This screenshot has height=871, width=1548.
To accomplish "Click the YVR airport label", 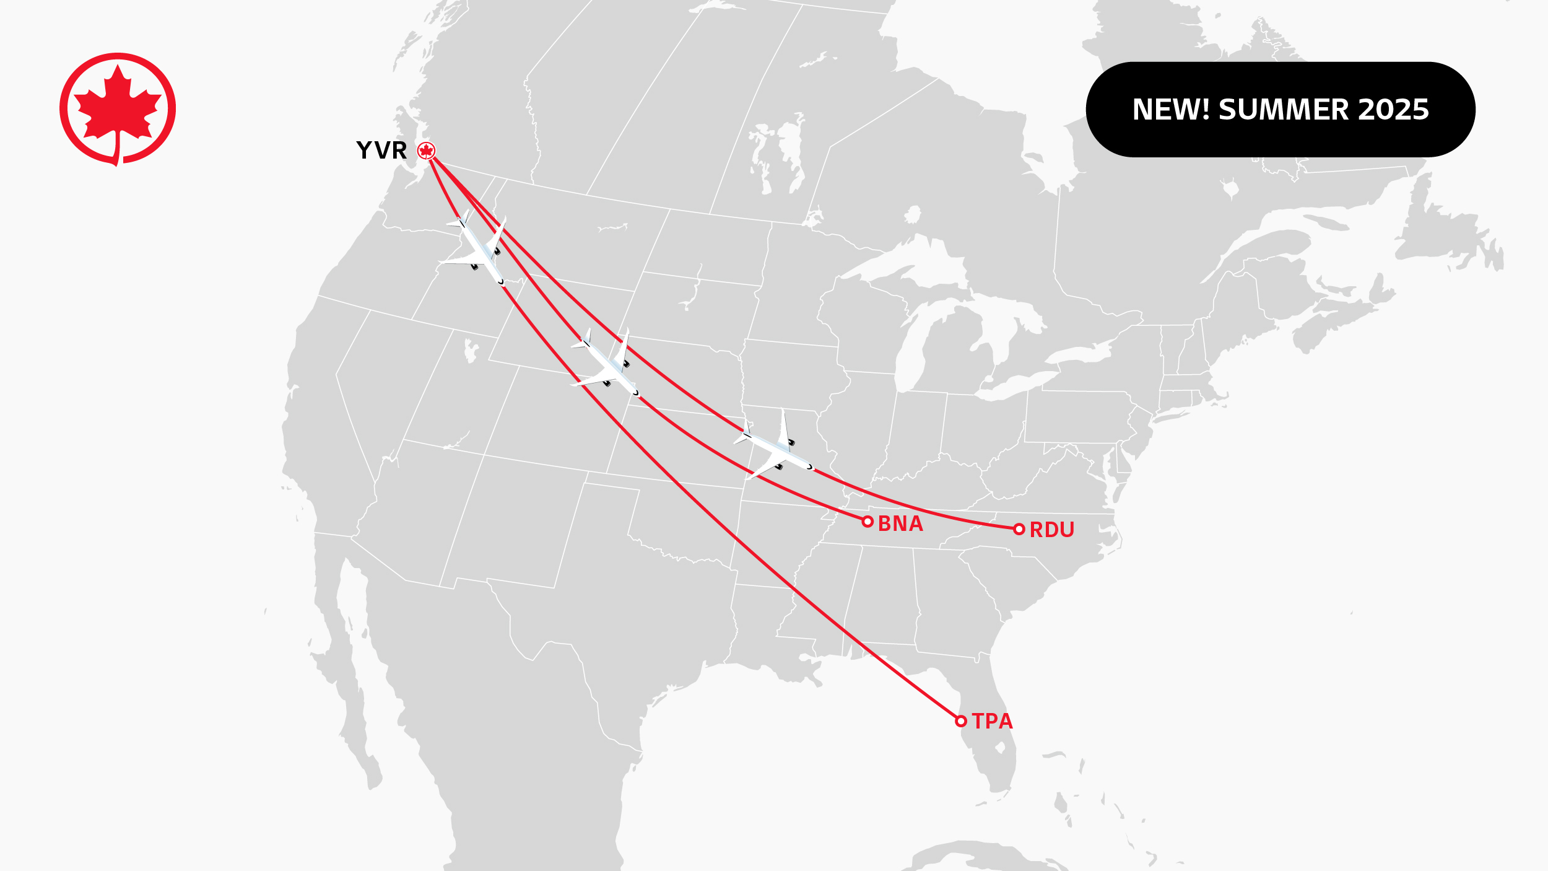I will (x=381, y=151).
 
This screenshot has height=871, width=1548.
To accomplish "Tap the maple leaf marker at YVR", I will (x=426, y=151).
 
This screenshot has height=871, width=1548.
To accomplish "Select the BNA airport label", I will (x=900, y=524).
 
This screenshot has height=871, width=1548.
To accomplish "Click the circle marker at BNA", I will (x=867, y=522).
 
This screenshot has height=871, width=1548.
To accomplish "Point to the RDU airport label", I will (x=1051, y=530).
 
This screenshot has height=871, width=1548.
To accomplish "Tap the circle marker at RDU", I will (x=1019, y=529).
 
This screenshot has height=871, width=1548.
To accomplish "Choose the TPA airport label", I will (x=992, y=722).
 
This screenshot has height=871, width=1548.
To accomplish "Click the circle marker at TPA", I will (x=960, y=721).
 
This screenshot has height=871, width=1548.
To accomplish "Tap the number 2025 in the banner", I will (x=1393, y=110).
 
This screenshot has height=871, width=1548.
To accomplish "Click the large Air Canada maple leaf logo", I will (x=118, y=109).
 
